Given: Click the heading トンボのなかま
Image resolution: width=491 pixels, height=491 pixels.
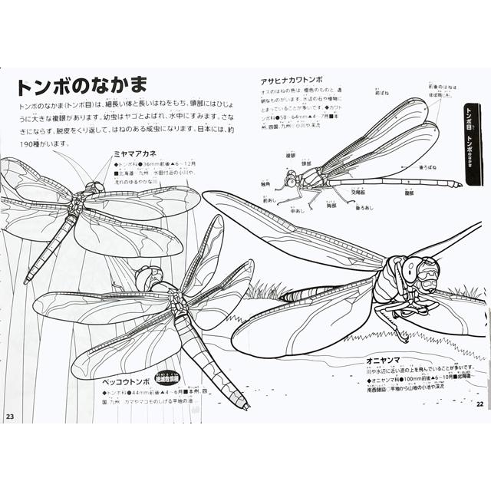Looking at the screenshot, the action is [76, 84].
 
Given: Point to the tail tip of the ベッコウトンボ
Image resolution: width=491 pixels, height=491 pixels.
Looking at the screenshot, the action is [244, 404].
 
